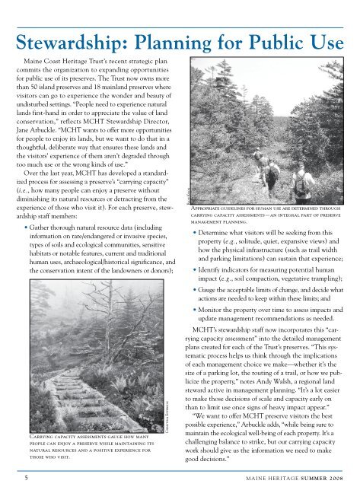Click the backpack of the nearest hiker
point(302,180)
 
